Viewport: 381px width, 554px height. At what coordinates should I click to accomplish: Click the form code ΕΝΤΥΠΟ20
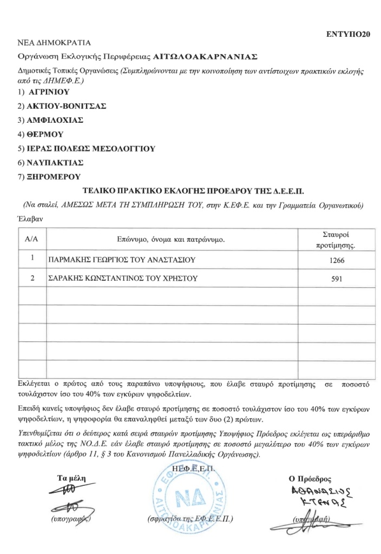pyautogui.click(x=348, y=34)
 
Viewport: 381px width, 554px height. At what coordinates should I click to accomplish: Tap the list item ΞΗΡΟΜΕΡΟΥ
pyautogui.click(x=54, y=176)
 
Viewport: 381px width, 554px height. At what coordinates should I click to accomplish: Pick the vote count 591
pyautogui.click(x=336, y=280)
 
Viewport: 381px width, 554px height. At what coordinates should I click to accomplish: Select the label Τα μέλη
pyautogui.click(x=71, y=478)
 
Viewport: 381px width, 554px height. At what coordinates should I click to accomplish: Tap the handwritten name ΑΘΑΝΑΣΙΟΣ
pyautogui.click(x=314, y=492)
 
